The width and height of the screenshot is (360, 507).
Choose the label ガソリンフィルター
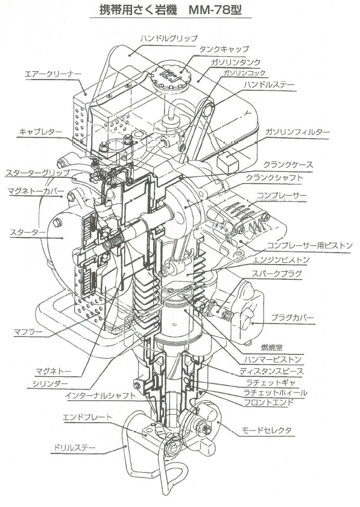pyautogui.click(x=298, y=131)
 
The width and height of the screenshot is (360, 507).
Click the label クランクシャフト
pyautogui.click(x=274, y=178)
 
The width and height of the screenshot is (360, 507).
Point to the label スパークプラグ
pyautogui.click(x=279, y=273)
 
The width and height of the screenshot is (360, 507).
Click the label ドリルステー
pyautogui.click(x=73, y=448)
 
